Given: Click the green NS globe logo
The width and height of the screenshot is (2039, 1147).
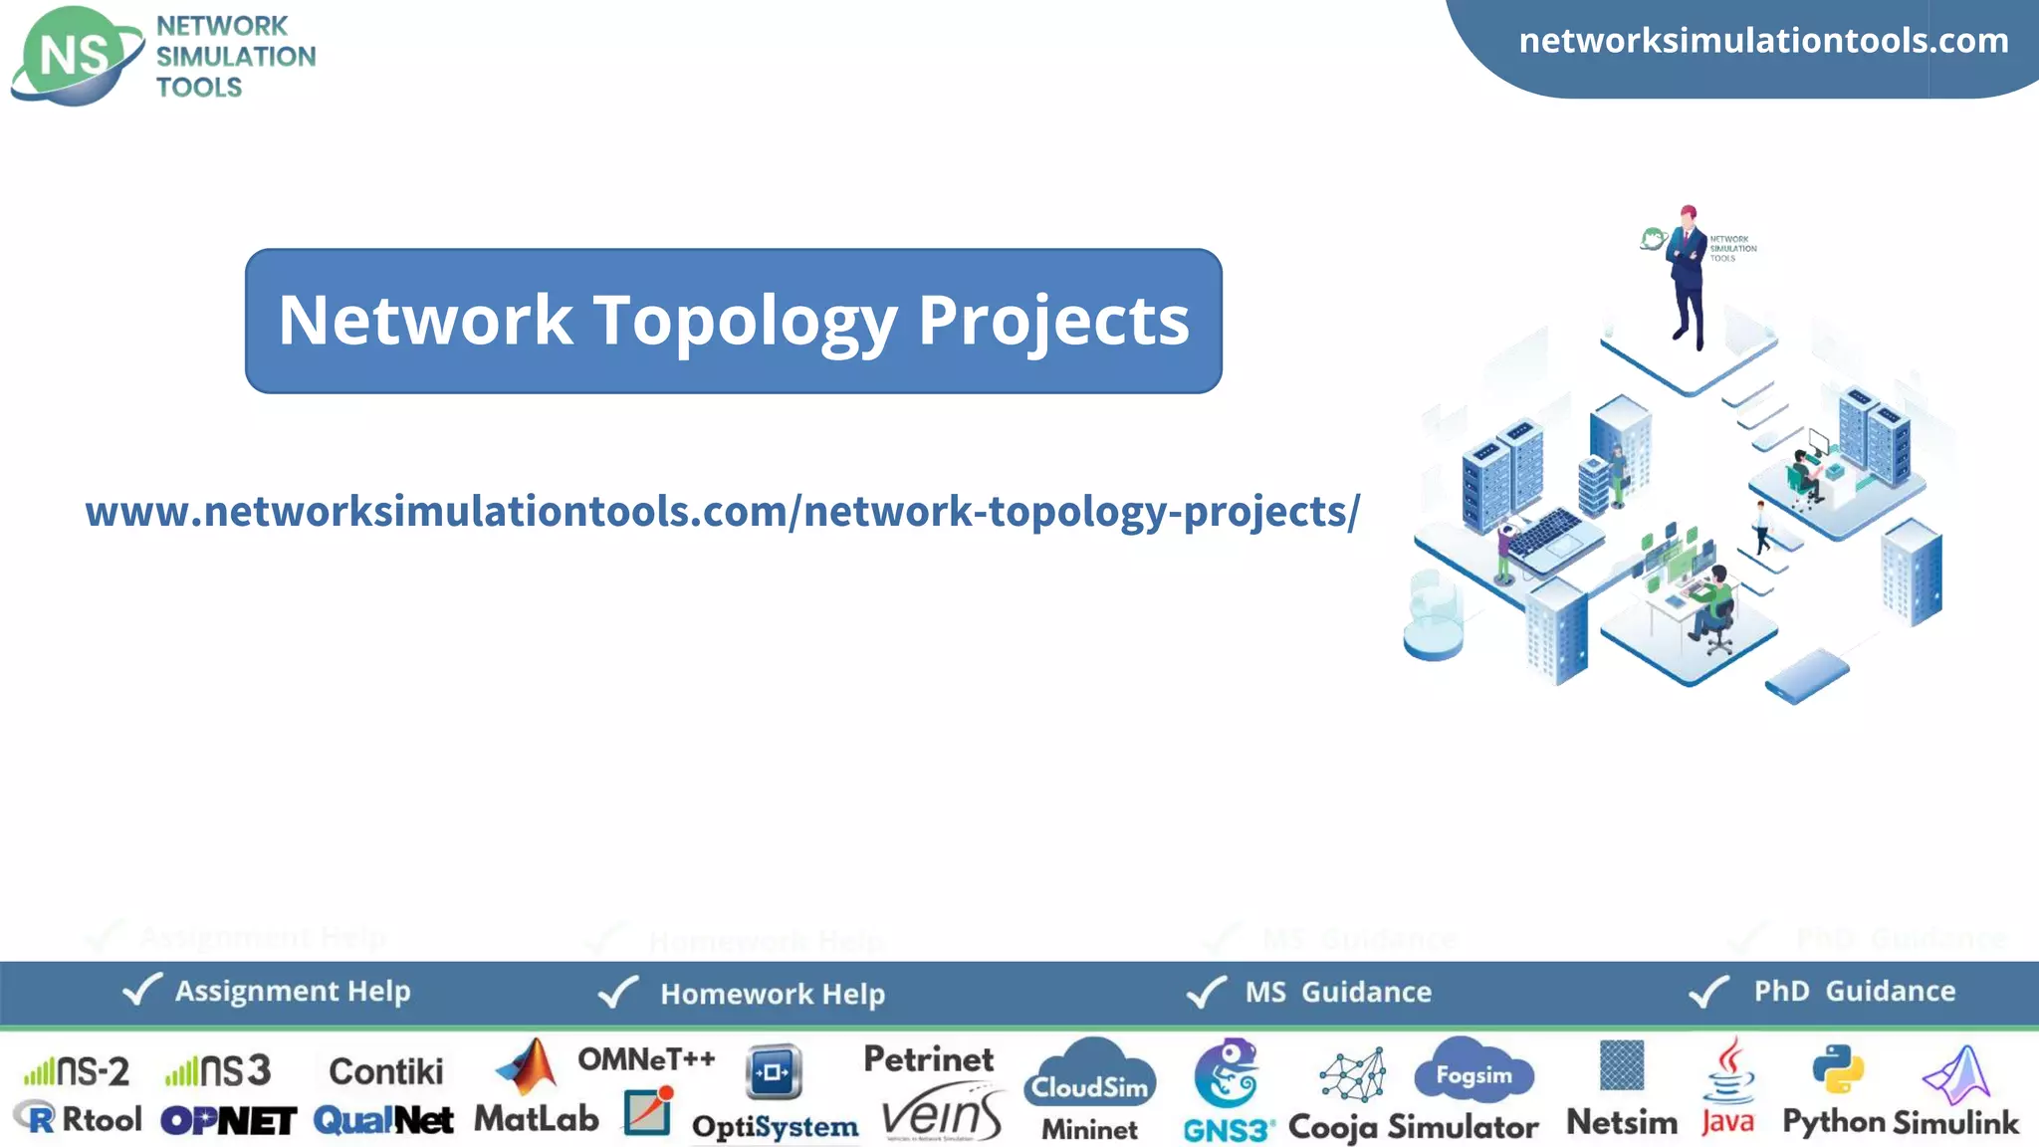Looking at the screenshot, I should click(76, 56).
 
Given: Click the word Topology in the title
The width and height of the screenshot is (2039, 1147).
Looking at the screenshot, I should click(745, 321).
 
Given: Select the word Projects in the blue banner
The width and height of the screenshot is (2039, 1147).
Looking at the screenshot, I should click(1053, 321).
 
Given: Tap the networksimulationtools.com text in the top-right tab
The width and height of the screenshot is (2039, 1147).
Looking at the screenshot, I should click(1763, 41).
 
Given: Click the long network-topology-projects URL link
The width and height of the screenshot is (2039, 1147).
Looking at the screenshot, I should click(722, 512).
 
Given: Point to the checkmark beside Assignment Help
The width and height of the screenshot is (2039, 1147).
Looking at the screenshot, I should click(141, 990).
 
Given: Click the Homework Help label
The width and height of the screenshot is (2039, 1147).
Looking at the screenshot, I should click(773, 994).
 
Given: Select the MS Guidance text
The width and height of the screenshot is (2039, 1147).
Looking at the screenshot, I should click(1338, 992).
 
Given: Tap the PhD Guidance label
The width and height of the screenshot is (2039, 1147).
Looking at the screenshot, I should click(1854, 991).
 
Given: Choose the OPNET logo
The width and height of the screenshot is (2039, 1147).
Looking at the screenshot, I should click(229, 1121).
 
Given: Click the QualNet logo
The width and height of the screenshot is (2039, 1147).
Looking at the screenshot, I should click(383, 1120).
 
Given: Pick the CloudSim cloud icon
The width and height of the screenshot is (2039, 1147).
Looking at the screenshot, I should click(1090, 1075).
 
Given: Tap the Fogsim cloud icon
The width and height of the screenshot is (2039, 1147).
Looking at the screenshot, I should click(1473, 1071).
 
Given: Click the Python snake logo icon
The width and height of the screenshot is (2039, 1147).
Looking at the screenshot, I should click(1838, 1069).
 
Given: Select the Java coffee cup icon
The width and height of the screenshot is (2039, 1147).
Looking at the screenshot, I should click(1730, 1070).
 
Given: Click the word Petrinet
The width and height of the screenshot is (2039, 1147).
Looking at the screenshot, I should click(928, 1059).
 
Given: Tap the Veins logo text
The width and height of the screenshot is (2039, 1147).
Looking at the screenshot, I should click(942, 1116).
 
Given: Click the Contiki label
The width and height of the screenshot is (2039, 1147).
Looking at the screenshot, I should click(386, 1071).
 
